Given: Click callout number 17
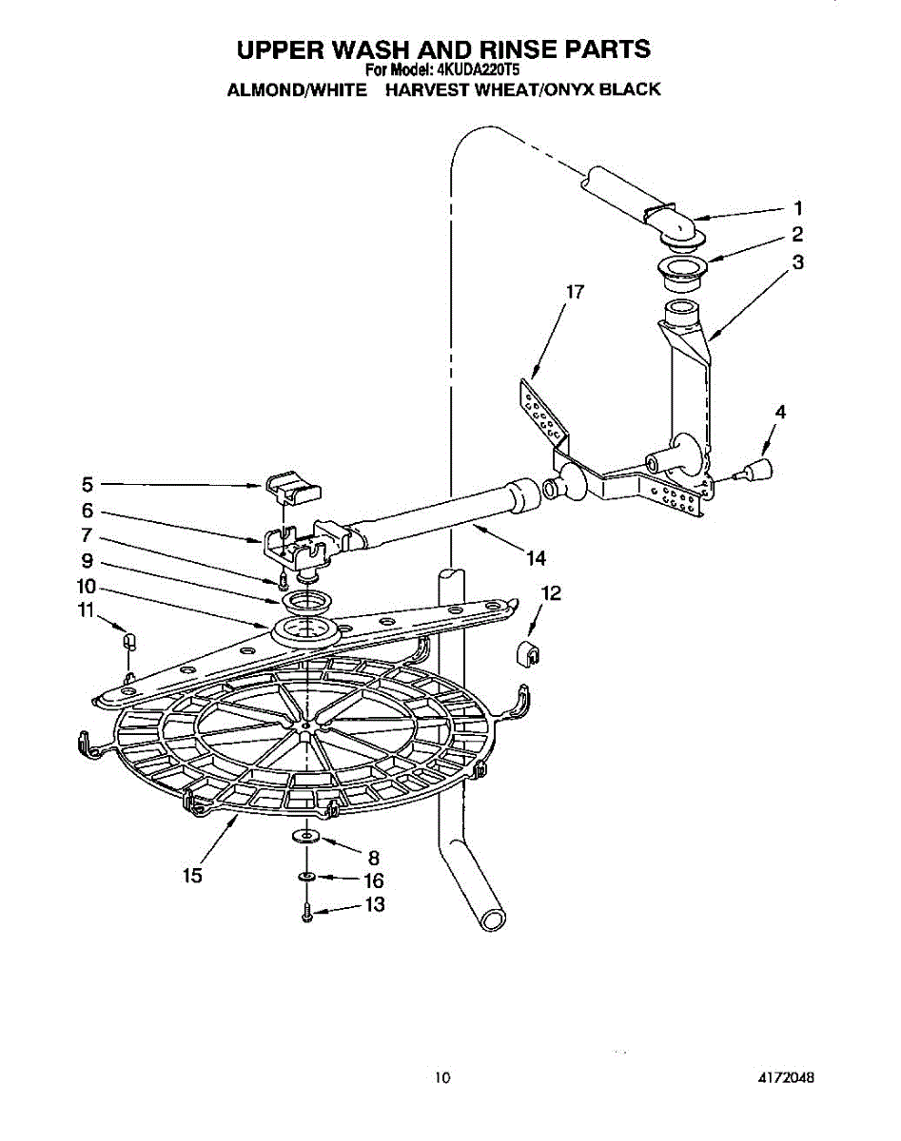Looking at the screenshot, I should click(574, 292).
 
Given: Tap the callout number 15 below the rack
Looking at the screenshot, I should click(193, 876).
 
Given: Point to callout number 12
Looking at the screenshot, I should click(550, 593).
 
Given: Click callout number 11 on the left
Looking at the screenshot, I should click(87, 610).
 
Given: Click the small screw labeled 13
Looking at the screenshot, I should click(306, 915).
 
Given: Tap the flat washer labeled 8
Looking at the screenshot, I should click(304, 835).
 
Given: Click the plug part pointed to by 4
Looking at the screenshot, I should click(758, 469).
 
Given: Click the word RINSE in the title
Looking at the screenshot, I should click(484, 48).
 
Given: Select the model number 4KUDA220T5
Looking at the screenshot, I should click(478, 69).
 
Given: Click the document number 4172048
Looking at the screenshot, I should click(786, 1077).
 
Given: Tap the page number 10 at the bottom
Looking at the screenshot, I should click(441, 1077).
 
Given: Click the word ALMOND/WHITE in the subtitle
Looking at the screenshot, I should click(297, 90).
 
